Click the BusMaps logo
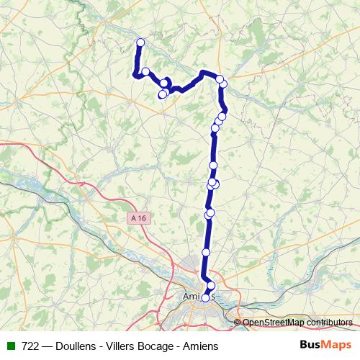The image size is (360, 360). click(325, 346)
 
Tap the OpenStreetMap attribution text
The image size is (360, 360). click(297, 323)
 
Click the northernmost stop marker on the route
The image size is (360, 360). click(140, 43)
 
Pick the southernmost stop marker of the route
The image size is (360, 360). click(205, 297)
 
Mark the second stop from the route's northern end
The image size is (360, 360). click(145, 71)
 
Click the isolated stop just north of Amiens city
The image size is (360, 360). click(206, 252)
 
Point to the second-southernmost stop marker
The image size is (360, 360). click(211, 286)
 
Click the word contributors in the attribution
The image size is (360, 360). click(330, 323)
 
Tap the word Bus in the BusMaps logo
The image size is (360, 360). click(311, 346)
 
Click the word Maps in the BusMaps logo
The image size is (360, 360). click(336, 346)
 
